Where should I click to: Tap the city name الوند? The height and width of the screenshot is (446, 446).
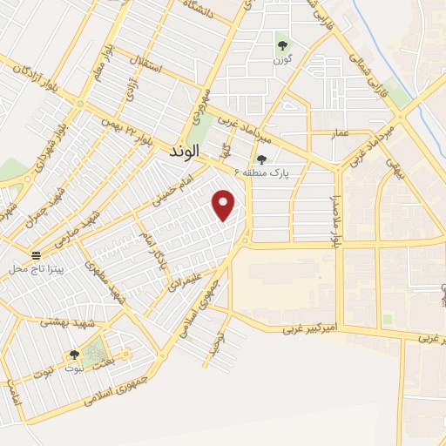tap(181, 151)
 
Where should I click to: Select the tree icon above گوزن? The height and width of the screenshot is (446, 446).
tap(281, 44)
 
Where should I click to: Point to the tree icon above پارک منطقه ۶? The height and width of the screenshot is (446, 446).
tap(260, 159)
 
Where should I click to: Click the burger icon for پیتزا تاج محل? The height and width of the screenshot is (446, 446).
tap(36, 255)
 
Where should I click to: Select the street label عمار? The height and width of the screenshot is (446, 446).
tap(339, 132)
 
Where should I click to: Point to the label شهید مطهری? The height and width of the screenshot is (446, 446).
tap(102, 280)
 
